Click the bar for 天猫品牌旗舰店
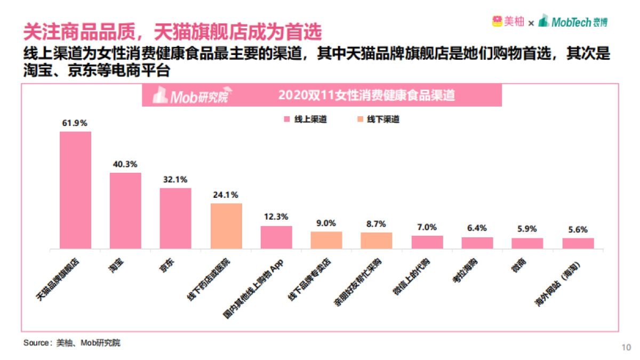(x=75, y=190)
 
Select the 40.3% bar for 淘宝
(x=125, y=211)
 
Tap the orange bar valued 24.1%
(x=226, y=226)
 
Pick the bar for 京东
(x=175, y=218)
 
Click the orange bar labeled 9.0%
(x=326, y=240)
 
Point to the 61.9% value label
(x=75, y=123)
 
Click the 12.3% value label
(x=276, y=217)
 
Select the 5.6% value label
(x=578, y=230)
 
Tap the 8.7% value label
(x=376, y=223)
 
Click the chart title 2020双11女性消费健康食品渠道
(x=366, y=96)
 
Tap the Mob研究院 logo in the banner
(x=190, y=96)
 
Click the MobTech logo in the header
(x=573, y=22)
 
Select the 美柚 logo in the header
(x=508, y=22)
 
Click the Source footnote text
(x=71, y=342)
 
